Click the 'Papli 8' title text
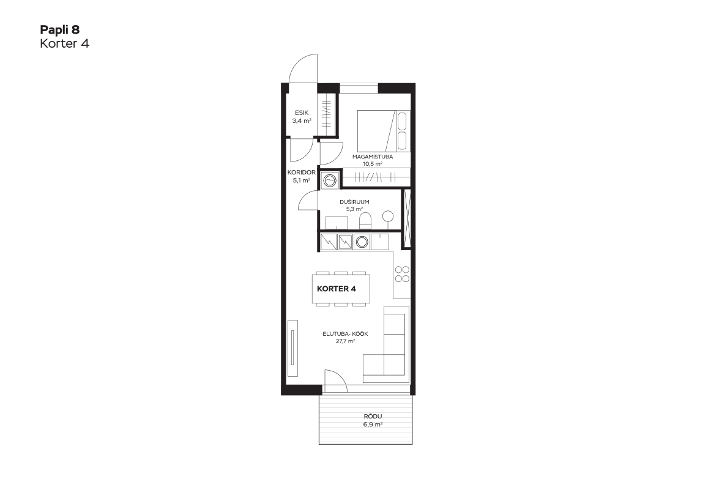(x=60, y=30)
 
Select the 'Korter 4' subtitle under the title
(x=64, y=43)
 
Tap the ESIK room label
(x=302, y=113)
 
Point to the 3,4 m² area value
(x=302, y=121)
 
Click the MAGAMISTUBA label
(x=373, y=157)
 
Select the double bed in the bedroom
(x=383, y=130)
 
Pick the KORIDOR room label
(x=302, y=172)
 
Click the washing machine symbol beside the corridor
(x=330, y=180)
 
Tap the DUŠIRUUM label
(x=354, y=202)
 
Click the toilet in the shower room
(x=365, y=221)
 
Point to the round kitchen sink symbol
(x=362, y=242)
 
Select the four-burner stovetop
(x=402, y=275)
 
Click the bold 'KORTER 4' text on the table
(x=337, y=289)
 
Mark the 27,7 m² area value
(x=345, y=341)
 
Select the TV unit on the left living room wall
(x=293, y=349)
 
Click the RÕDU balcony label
(x=373, y=417)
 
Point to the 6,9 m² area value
(x=373, y=425)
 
